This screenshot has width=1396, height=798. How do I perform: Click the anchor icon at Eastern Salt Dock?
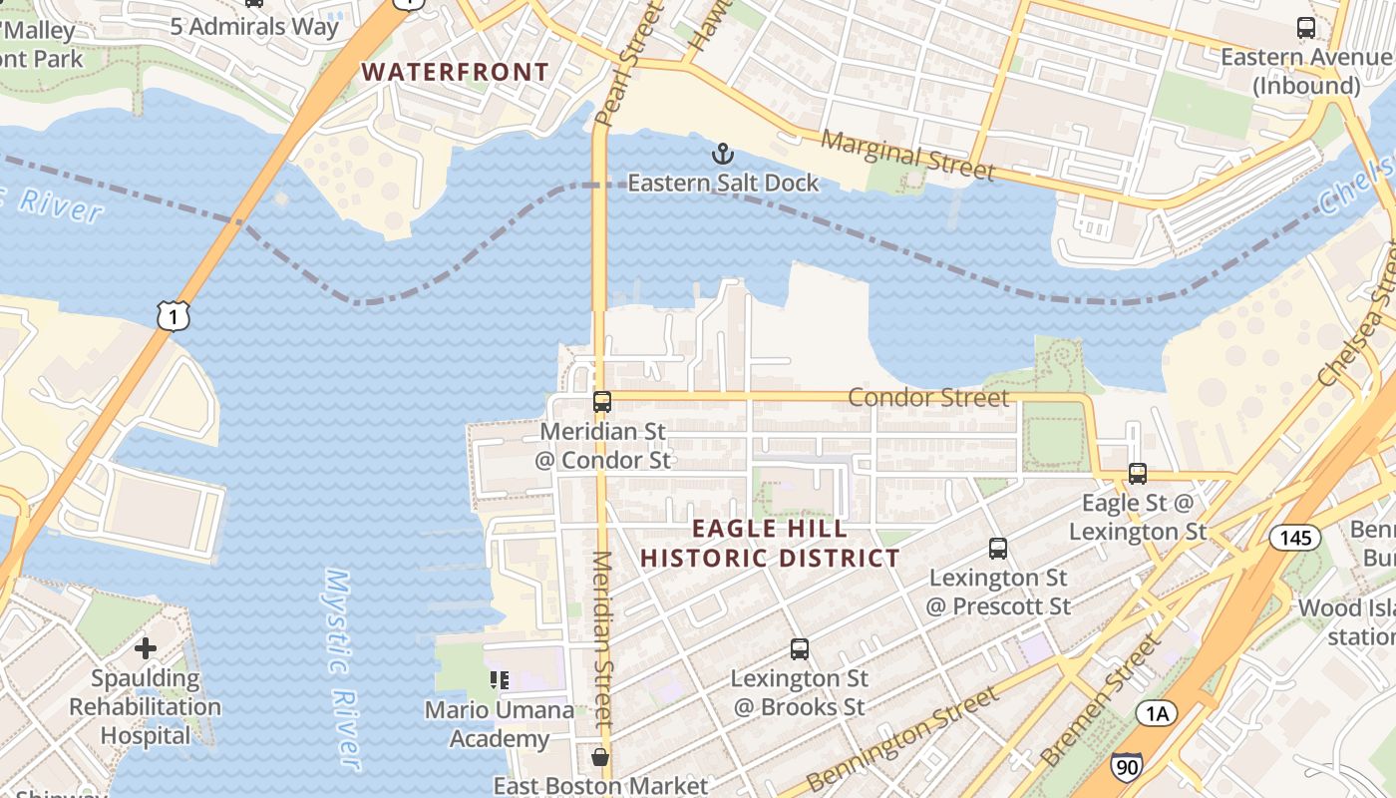(x=722, y=154)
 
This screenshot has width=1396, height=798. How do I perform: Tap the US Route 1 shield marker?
(x=173, y=316)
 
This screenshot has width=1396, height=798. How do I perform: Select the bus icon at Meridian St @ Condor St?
(x=602, y=402)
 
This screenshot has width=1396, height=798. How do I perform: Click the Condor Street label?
(x=928, y=398)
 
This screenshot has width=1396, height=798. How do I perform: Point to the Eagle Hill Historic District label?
(x=770, y=544)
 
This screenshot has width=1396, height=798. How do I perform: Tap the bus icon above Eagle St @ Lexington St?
(x=1138, y=474)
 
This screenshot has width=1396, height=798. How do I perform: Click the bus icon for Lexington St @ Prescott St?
(x=998, y=549)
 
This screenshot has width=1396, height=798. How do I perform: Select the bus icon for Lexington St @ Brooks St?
(x=800, y=649)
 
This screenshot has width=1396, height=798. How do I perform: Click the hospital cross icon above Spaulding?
(x=146, y=648)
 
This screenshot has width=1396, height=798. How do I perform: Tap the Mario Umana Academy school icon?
(x=500, y=680)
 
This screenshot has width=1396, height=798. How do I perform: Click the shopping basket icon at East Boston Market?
(x=600, y=757)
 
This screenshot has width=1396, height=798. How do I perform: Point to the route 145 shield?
(x=1294, y=538)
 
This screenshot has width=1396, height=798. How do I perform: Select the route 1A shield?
(x=1156, y=712)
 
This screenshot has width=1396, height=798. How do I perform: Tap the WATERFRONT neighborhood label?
(x=455, y=72)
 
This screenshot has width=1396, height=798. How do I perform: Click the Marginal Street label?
(x=907, y=156)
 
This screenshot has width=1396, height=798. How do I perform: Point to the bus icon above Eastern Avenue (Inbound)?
(x=1305, y=28)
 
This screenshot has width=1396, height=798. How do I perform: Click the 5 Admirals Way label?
(x=254, y=26)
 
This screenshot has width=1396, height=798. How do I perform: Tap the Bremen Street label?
(x=1100, y=701)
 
